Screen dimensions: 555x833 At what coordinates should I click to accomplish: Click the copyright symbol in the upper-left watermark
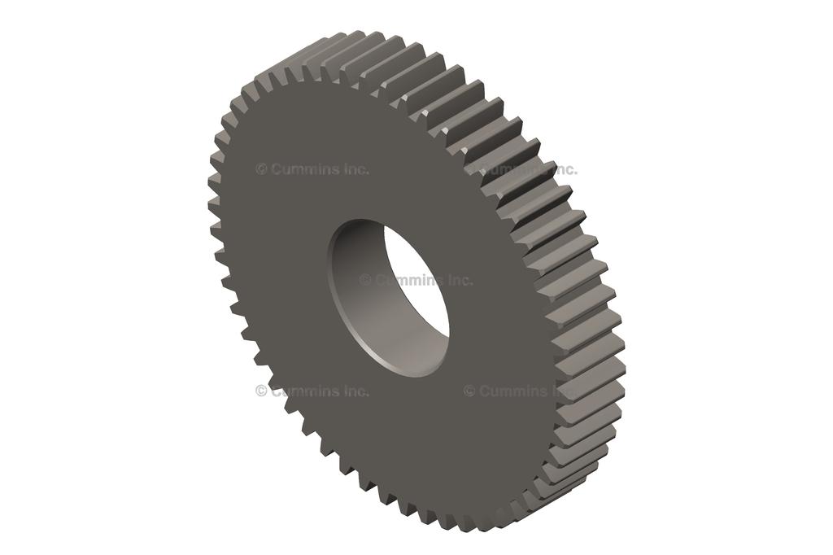pyautogui.click(x=261, y=169)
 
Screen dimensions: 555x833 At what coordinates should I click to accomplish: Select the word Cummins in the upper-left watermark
pyautogui.click(x=305, y=169)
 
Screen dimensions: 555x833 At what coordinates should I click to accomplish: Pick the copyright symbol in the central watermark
pyautogui.click(x=365, y=280)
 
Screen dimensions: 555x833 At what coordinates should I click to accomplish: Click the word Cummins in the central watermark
pyautogui.click(x=409, y=280)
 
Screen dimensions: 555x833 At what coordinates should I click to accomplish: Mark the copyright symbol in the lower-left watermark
pyautogui.click(x=261, y=391)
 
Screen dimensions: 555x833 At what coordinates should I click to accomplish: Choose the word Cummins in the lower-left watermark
pyautogui.click(x=305, y=391)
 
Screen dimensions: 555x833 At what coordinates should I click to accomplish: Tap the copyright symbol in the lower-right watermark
pyautogui.click(x=469, y=391)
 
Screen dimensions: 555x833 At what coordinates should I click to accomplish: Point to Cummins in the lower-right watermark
pyautogui.click(x=513, y=391)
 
